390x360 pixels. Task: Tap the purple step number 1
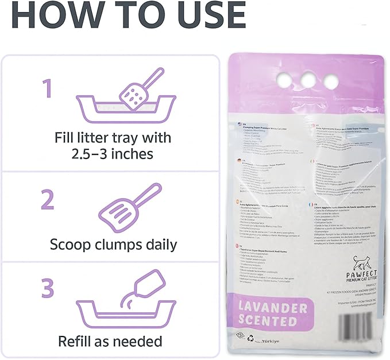click(x=48, y=90)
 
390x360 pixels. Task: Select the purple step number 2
click(x=48, y=202)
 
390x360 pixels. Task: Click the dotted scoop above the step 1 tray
click(x=138, y=88)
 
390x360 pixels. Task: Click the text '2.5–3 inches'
click(x=113, y=154)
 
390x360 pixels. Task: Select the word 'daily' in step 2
click(x=156, y=245)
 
